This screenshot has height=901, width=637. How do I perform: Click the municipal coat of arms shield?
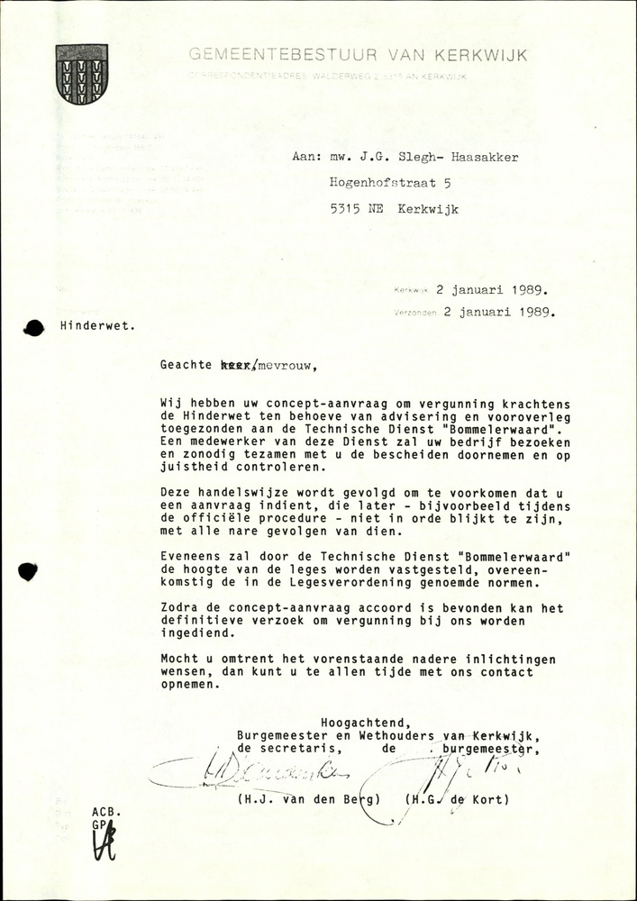(x=82, y=74)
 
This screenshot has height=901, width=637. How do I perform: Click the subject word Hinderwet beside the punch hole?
(x=98, y=327)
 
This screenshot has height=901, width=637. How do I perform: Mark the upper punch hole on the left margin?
(x=34, y=328)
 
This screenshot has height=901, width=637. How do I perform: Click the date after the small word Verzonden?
(x=496, y=314)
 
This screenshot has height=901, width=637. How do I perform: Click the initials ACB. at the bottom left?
(x=105, y=812)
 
